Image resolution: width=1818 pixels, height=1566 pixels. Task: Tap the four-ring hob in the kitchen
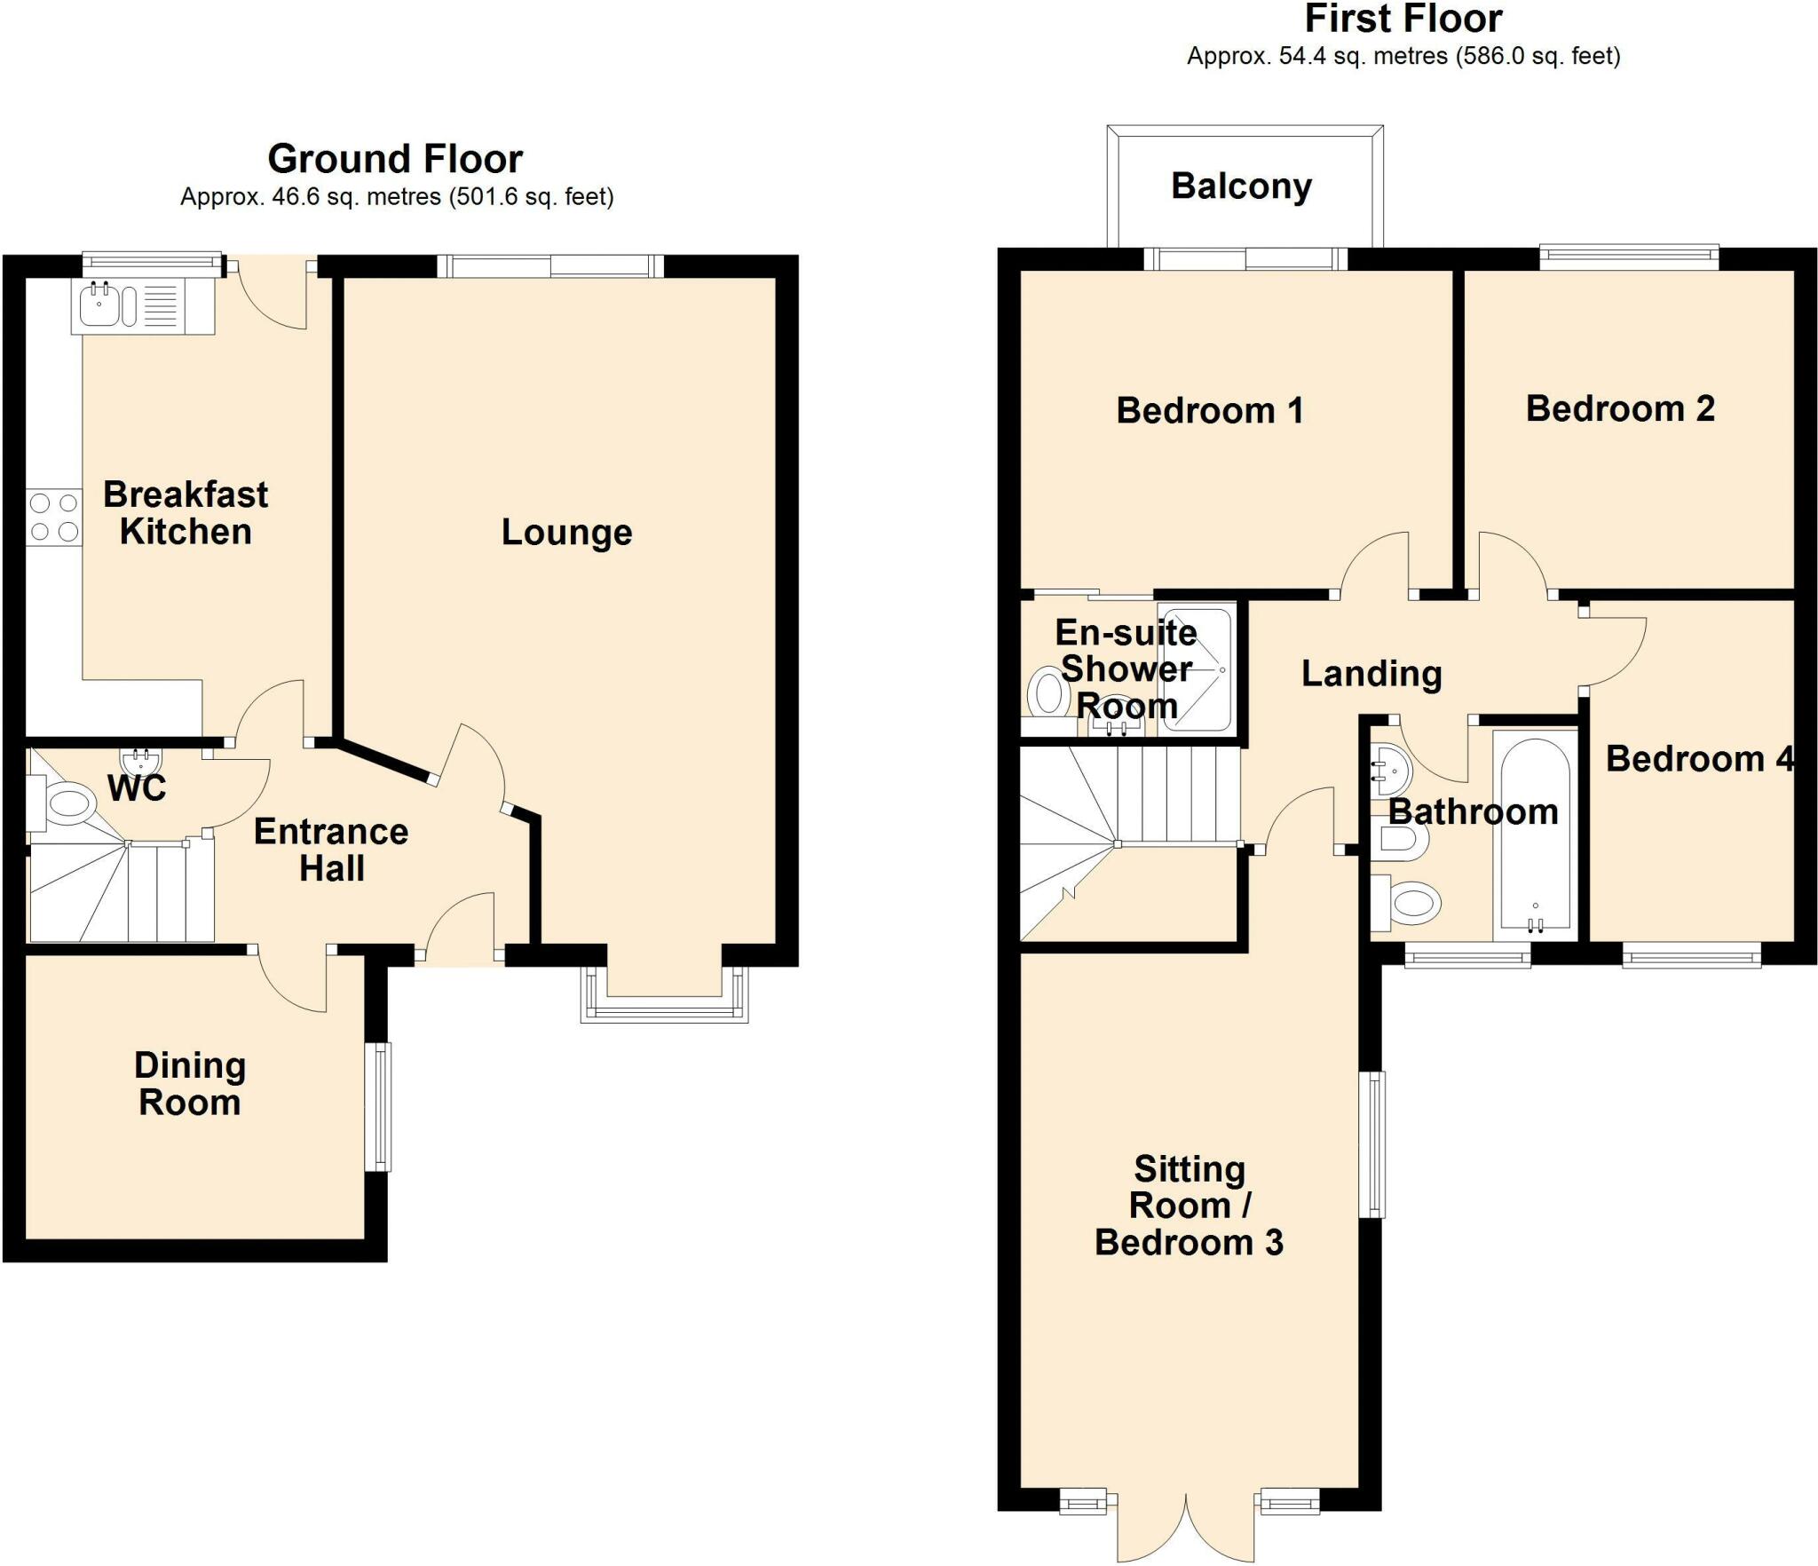tap(53, 518)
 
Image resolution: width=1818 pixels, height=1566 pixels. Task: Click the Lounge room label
tap(566, 533)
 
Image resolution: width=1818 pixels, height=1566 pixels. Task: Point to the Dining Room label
tap(190, 1084)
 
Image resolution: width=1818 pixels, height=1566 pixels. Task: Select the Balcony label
tap(1241, 186)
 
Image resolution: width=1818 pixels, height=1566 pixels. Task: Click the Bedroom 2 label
tap(1619, 409)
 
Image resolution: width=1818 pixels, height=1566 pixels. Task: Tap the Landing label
tap(1371, 674)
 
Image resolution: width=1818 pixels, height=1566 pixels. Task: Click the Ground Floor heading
tap(395, 160)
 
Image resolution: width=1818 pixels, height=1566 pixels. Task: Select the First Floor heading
tap(1403, 19)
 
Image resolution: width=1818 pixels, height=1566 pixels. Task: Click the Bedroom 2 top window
tap(1628, 257)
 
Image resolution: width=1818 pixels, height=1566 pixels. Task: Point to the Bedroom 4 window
tap(1691, 956)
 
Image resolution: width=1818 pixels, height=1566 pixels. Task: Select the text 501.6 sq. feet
tap(531, 197)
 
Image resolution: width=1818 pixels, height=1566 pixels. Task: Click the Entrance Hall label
tap(331, 850)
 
